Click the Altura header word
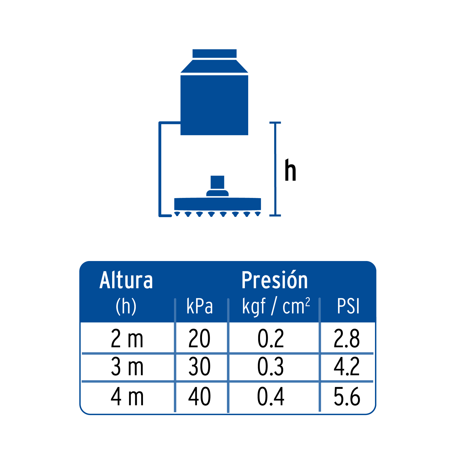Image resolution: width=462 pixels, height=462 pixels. pos(126,280)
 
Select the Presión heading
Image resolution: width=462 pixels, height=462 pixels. pos(274,280)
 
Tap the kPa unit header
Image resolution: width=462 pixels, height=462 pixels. pos(200,306)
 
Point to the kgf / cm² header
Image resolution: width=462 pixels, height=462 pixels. pos(276,306)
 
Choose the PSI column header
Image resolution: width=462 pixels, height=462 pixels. pos(348,306)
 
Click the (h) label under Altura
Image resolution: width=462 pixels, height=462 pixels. pos(126,306)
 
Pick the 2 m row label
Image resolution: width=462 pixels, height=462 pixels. pos(127,339)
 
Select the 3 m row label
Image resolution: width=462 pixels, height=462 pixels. pos(127,367)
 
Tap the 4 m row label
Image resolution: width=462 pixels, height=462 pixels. pos(127,397)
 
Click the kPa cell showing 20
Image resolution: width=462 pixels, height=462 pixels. pos(199,339)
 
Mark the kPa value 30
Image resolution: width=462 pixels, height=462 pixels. pos(199,367)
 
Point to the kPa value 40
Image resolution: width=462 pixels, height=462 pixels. pos(199,397)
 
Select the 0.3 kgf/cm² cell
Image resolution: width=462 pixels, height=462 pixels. pos(271,367)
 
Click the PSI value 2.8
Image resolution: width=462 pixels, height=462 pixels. pos(346,339)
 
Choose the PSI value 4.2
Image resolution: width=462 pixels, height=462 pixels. pos(346,367)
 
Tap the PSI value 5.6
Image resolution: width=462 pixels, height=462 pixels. pos(347,397)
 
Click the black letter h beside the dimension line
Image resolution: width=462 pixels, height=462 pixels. pos(290,170)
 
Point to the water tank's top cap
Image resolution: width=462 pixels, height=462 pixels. pos(214,53)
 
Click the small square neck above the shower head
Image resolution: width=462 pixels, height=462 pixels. pos(217,182)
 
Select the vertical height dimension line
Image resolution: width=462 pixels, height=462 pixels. pos(275,169)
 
